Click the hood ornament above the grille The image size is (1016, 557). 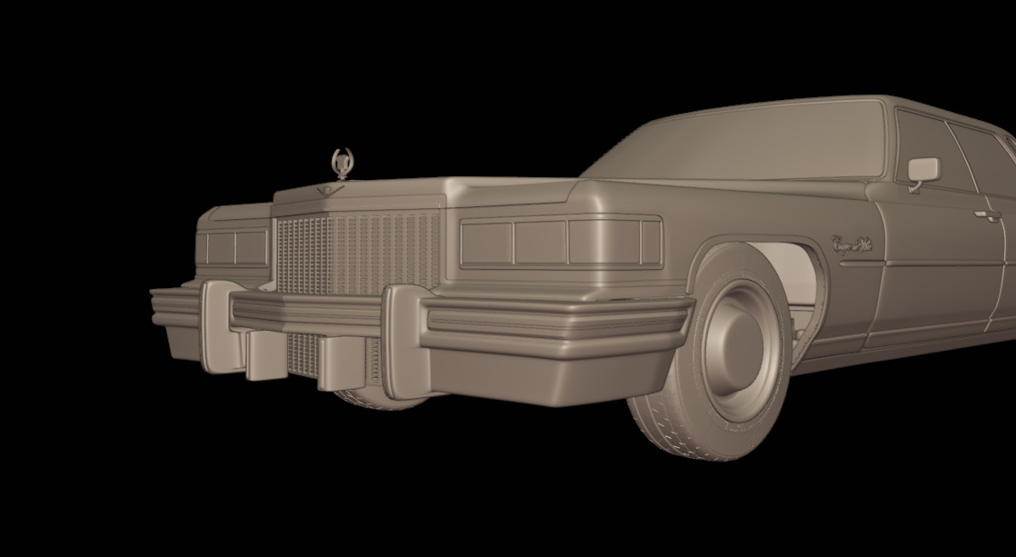point(343,162)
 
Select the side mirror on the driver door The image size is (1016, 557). point(923,170)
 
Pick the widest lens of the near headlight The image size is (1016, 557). point(486,242)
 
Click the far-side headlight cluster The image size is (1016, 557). point(234,247)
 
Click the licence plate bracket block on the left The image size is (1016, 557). point(262,354)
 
